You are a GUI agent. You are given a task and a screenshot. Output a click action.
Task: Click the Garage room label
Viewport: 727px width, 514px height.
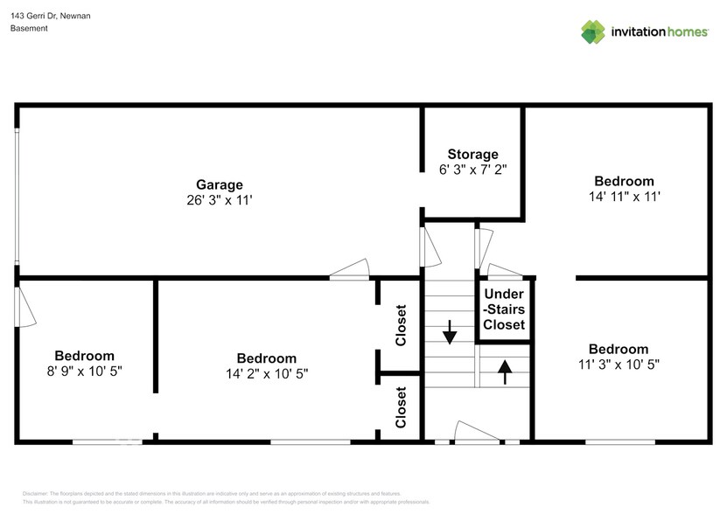pyautogui.click(x=219, y=184)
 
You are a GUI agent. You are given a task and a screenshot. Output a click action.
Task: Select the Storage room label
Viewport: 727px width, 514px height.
pyautogui.click(x=472, y=154)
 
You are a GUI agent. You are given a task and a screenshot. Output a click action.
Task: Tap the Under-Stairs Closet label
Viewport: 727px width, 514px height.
pyautogui.click(x=504, y=309)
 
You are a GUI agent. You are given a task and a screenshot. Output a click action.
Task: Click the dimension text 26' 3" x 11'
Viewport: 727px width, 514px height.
pyautogui.click(x=219, y=200)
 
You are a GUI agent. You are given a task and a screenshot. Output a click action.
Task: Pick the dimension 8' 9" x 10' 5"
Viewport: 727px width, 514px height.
pyautogui.click(x=84, y=371)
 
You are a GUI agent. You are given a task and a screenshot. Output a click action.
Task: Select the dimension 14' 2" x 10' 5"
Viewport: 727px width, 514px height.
pyautogui.click(x=266, y=373)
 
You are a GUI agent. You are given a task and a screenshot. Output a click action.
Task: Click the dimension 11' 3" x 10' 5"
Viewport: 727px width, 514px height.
pyautogui.click(x=619, y=364)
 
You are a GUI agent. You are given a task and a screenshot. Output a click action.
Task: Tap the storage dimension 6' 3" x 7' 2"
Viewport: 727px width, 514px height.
pyautogui.click(x=472, y=170)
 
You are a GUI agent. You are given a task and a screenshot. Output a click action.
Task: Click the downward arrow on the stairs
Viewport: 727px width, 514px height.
pyautogui.click(x=450, y=332)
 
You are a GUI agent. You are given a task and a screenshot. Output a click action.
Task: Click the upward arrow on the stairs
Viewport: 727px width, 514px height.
pyautogui.click(x=504, y=372)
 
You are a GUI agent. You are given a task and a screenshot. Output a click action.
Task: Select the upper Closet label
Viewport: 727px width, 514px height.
pyautogui.click(x=401, y=325)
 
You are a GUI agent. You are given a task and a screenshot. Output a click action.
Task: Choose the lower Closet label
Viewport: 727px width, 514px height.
pyautogui.click(x=401, y=407)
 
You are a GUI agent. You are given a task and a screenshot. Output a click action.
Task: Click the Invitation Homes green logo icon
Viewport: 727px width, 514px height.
pyautogui.click(x=593, y=31)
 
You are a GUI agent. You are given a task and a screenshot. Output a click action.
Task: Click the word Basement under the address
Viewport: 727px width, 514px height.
pyautogui.click(x=29, y=28)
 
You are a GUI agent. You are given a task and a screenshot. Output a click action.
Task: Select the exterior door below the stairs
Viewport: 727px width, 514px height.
pyautogui.click(x=477, y=433)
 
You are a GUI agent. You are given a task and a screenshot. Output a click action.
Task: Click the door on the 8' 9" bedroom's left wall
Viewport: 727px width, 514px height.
pyautogui.click(x=23, y=307)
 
